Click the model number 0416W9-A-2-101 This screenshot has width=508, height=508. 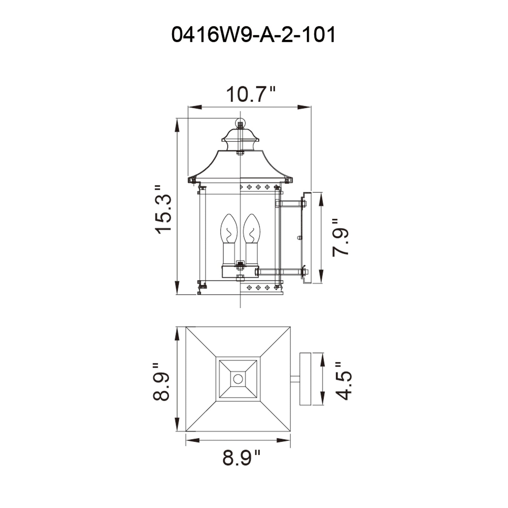click(x=253, y=35)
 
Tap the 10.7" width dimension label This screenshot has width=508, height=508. click(x=251, y=95)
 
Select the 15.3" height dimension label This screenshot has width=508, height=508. click(x=164, y=210)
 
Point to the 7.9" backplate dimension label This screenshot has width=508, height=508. click(x=340, y=238)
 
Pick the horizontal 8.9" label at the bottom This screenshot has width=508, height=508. click(x=241, y=458)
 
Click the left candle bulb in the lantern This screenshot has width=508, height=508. click(x=229, y=229)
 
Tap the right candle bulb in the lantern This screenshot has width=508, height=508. click(x=251, y=229)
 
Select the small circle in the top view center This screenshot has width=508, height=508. click(x=238, y=379)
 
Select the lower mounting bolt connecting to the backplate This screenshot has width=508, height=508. click(x=281, y=271)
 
